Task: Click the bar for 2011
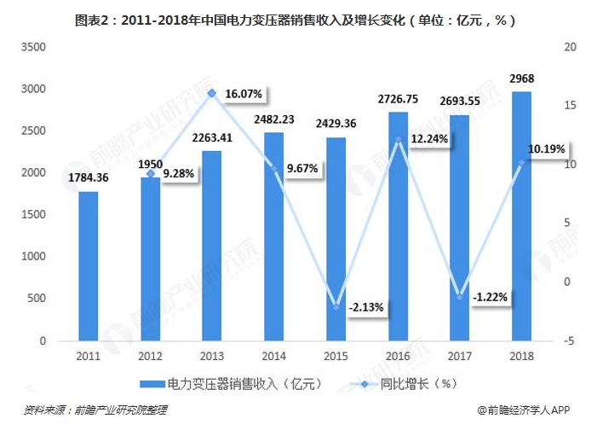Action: coord(89,266)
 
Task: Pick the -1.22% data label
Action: coord(490,297)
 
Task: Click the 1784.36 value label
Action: coord(89,178)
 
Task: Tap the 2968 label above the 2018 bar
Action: coord(521,78)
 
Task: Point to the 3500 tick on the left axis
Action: coord(33,47)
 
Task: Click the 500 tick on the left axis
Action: coord(38,299)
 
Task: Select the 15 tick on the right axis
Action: coord(570,106)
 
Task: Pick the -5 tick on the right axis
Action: coord(570,341)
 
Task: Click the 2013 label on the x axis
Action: coord(212,356)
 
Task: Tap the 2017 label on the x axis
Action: coord(459,356)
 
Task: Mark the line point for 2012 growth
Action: coord(150,173)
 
